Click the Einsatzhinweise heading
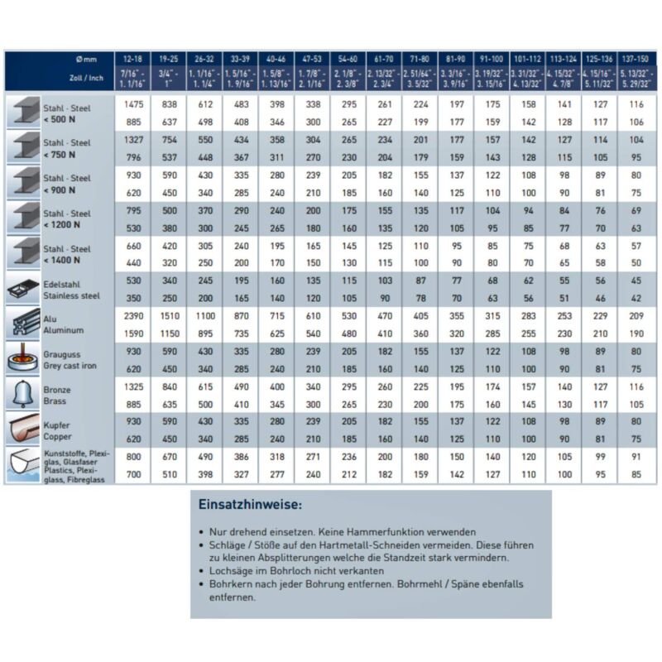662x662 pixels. tap(250, 504)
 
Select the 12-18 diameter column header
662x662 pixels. tap(132, 60)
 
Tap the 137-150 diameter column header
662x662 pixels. tap(637, 60)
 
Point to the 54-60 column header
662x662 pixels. tap(348, 60)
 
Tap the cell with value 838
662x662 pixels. tap(169, 105)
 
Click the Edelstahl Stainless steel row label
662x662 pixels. tap(71, 289)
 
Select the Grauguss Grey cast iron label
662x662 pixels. tap(74, 359)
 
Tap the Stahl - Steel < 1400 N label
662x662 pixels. tap(67, 253)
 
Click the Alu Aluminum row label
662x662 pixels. tap(64, 324)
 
